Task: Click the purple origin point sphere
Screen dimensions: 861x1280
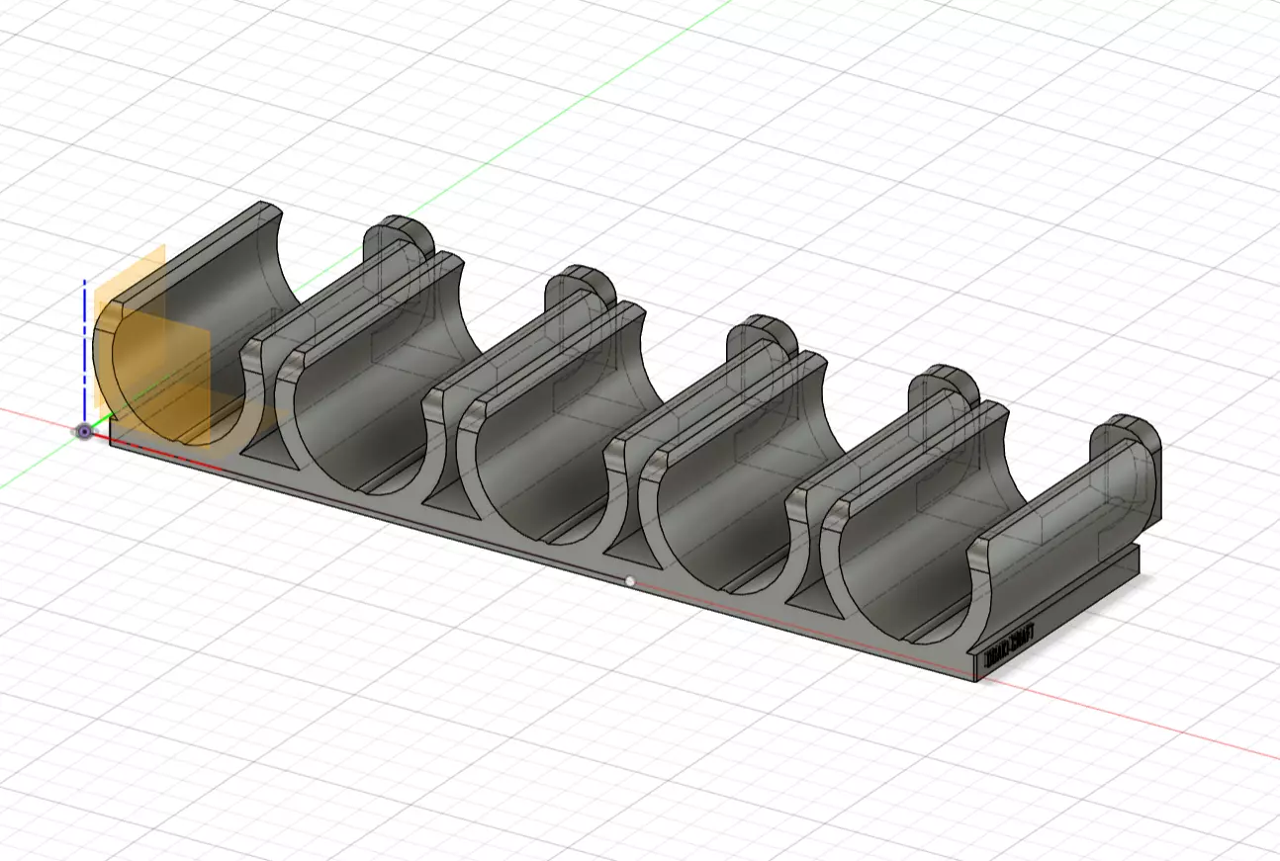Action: point(85,432)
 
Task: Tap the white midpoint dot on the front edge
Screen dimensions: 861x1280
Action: point(631,581)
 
